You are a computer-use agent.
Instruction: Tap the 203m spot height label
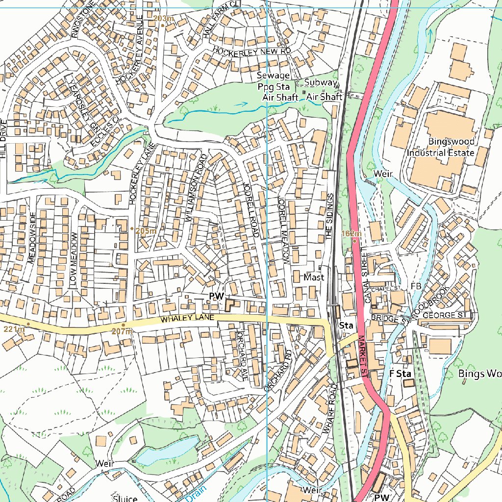coord(164,19)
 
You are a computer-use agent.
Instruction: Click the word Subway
coord(321,82)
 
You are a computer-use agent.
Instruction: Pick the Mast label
coord(314,277)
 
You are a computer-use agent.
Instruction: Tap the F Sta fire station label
coord(400,374)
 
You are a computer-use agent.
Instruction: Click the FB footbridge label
coord(416,286)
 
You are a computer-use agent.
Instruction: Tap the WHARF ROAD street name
coord(330,408)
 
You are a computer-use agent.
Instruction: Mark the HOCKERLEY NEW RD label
coord(252,51)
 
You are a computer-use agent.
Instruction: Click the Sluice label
coord(125,499)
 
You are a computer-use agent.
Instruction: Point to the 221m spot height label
coord(14,329)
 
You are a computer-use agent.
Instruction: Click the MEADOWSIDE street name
coord(33,239)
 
